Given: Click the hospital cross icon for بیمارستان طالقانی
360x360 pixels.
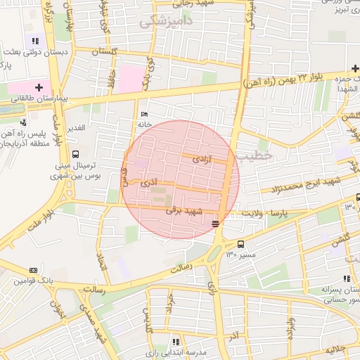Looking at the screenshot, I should click(39, 88).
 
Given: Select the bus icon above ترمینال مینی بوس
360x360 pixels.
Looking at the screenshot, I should click(75, 155).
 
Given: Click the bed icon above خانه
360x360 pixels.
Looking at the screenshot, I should click(145, 115).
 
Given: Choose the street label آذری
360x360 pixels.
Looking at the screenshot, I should click(149, 182).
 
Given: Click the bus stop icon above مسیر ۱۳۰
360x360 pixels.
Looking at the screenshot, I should click(241, 245).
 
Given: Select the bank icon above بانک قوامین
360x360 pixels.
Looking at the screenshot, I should click(33, 271).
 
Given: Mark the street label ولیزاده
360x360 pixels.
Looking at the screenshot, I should click(290, 327).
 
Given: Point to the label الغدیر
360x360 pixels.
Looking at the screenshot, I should click(75, 127).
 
